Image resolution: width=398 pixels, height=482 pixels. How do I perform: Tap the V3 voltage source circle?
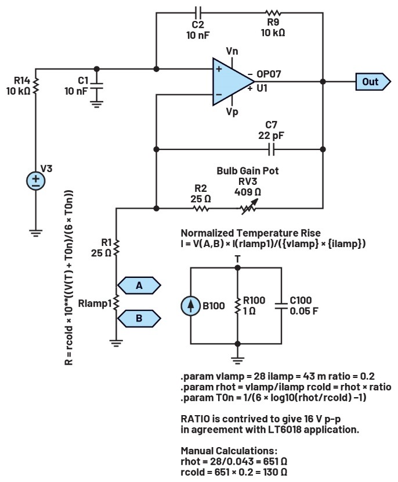[36, 181]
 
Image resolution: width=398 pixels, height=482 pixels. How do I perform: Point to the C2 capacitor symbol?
[198, 12]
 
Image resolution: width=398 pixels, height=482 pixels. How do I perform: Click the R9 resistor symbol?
[273, 12]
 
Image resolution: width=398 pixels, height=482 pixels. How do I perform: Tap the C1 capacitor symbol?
[96, 85]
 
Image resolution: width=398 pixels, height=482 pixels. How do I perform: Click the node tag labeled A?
[139, 285]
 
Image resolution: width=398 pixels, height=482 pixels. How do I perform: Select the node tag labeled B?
[139, 318]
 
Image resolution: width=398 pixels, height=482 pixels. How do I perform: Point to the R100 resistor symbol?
[237, 305]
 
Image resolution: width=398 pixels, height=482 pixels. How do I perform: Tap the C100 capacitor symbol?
[281, 305]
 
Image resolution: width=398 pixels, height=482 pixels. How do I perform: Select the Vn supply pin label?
[231, 52]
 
